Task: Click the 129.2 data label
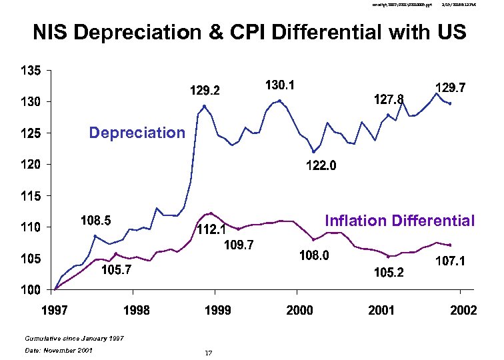point(207,89)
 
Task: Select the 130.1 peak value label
point(281,85)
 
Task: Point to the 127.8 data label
point(387,99)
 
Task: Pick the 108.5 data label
point(96,219)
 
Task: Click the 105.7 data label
point(116,270)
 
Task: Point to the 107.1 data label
point(451,263)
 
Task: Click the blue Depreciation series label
point(137,133)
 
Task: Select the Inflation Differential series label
point(399,221)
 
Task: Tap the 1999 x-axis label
point(217,311)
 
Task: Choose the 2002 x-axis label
point(463,311)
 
